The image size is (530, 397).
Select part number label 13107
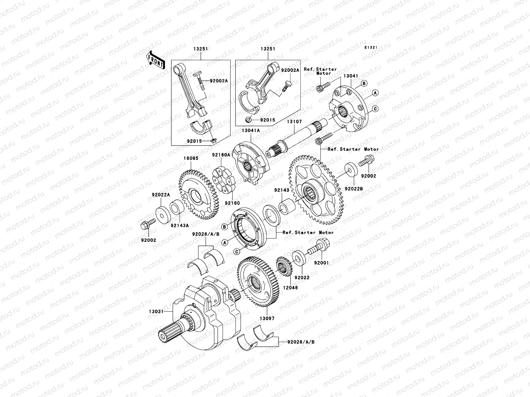click(294, 122)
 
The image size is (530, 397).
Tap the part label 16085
click(189, 158)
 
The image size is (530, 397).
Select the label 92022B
click(354, 189)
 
